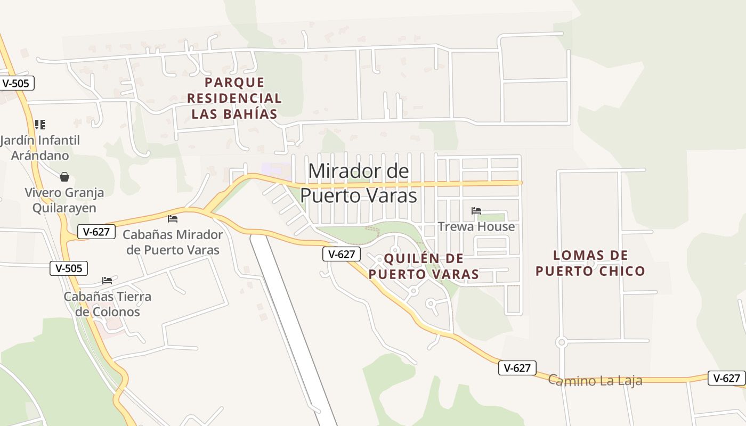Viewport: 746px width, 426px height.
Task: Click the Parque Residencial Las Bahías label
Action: click(234, 98)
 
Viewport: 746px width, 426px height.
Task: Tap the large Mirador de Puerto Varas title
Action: click(358, 183)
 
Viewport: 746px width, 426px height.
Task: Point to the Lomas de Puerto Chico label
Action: click(590, 263)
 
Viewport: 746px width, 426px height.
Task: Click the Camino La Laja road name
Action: click(595, 381)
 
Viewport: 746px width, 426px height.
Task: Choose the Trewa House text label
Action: click(476, 227)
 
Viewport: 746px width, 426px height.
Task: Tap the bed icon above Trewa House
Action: click(476, 211)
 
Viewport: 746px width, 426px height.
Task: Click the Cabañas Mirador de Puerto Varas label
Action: click(173, 242)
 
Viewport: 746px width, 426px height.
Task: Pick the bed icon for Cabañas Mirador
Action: click(173, 218)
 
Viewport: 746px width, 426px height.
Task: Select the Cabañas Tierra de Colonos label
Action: click(108, 304)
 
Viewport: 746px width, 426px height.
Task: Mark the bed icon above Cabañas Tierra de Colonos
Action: click(107, 280)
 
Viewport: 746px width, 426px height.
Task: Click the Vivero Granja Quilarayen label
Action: click(64, 200)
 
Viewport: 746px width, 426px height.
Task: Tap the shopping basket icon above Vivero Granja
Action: click(64, 177)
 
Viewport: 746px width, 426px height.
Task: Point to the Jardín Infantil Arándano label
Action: click(40, 148)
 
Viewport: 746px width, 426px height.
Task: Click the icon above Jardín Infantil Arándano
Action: click(40, 125)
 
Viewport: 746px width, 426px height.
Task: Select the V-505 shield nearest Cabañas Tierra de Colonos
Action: click(69, 268)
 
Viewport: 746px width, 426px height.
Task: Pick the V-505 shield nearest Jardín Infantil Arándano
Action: click(16, 83)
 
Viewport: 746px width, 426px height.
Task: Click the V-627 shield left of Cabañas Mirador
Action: click(96, 232)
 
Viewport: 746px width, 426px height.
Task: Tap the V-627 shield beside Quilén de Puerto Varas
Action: click(342, 254)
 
